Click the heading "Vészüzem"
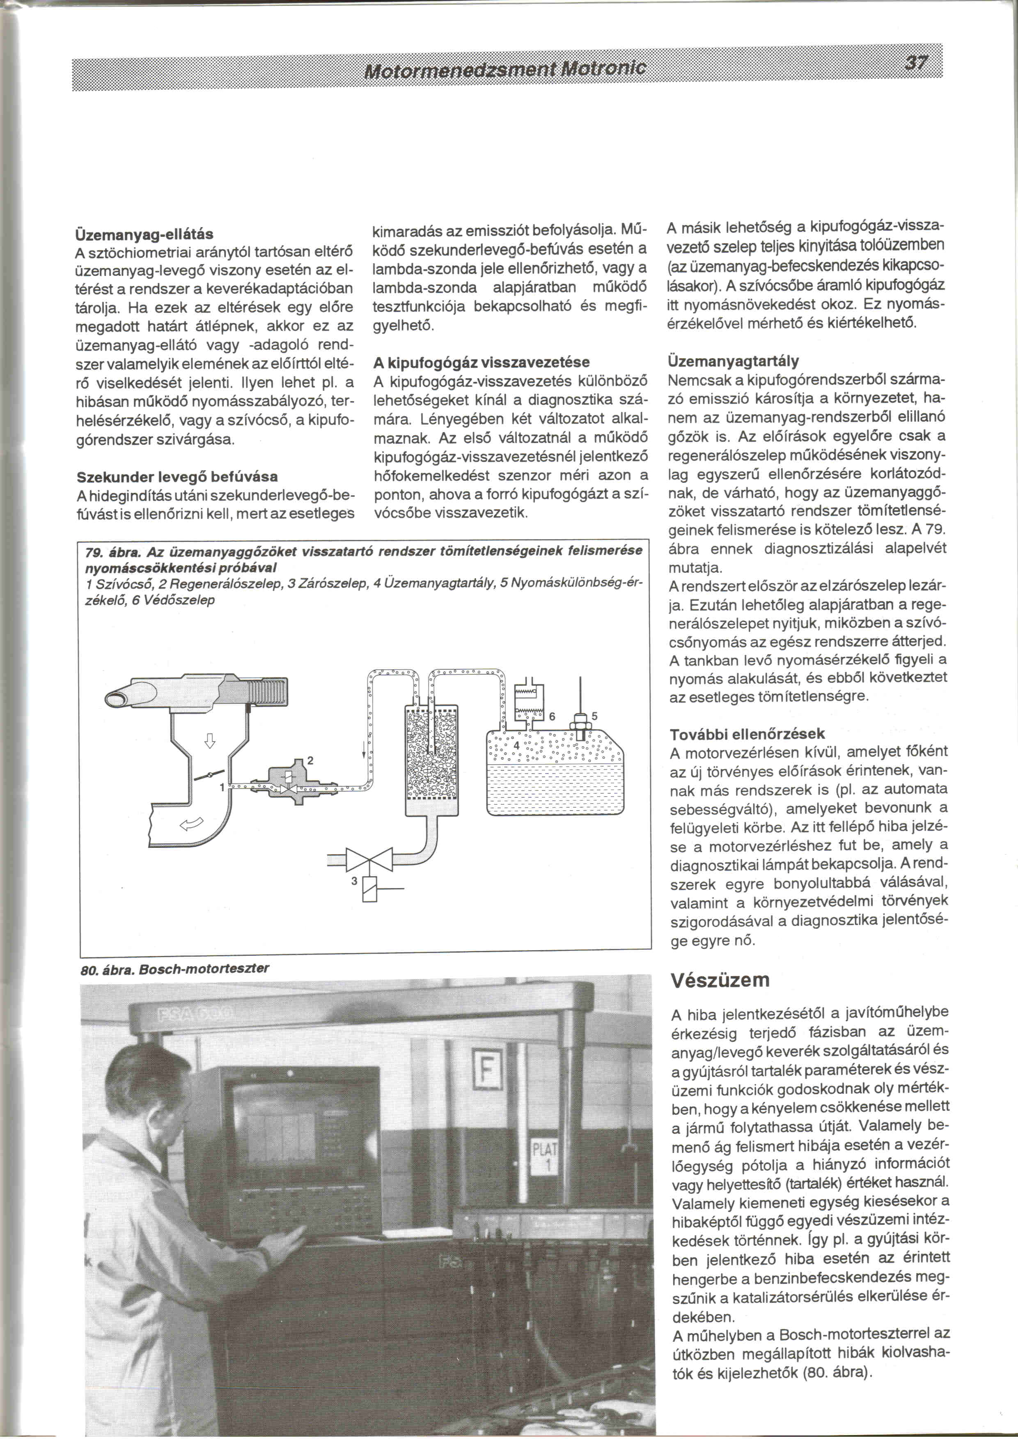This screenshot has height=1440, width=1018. (x=720, y=980)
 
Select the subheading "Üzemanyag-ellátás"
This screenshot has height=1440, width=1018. (x=145, y=234)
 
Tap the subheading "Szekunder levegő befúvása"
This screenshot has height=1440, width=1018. (x=177, y=477)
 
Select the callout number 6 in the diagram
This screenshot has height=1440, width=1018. (x=552, y=716)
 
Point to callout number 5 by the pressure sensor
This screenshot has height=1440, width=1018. (x=594, y=716)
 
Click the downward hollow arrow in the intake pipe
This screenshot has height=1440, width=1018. (x=209, y=741)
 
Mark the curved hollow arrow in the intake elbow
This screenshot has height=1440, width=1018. (x=192, y=824)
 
